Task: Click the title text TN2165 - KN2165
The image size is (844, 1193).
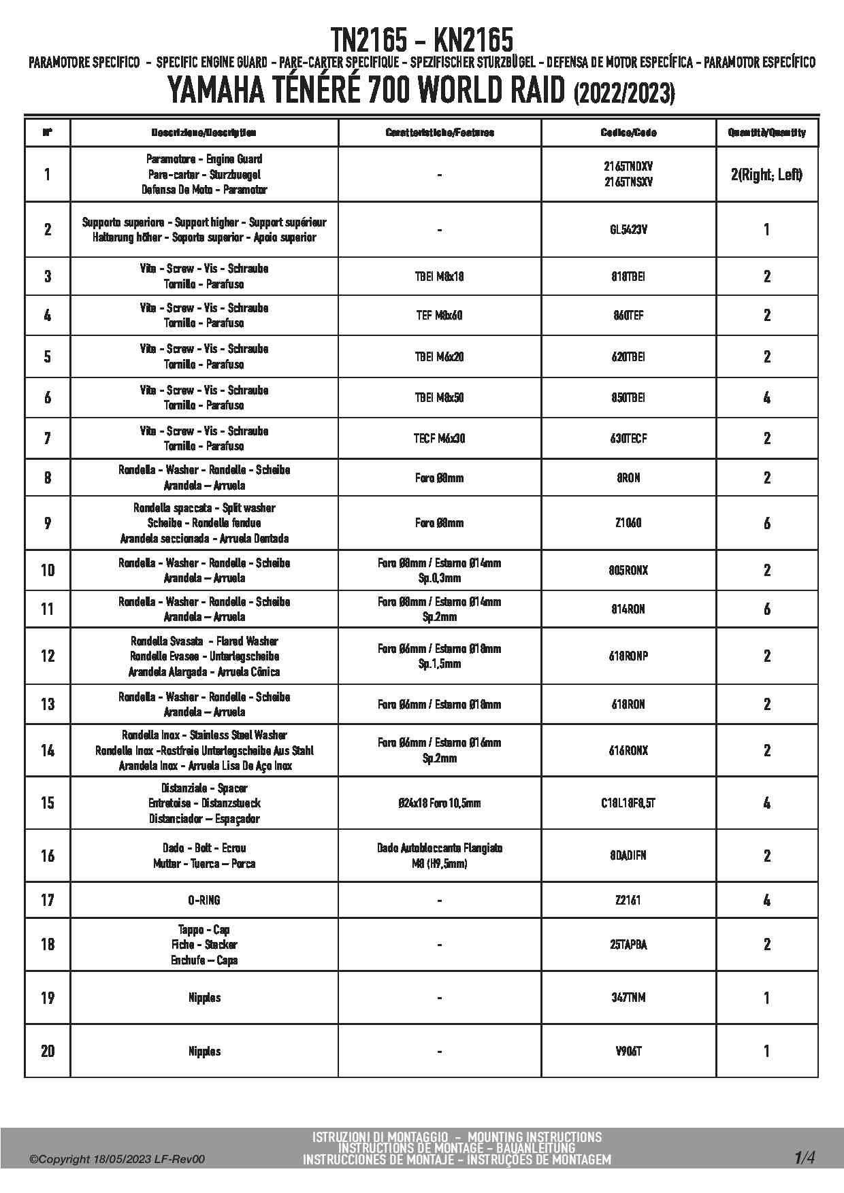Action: (421, 41)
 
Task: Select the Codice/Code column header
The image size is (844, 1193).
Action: (628, 133)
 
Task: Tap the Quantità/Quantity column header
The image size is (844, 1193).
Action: (766, 133)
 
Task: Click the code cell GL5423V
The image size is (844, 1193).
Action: (628, 230)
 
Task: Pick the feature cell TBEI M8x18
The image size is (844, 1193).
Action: (439, 277)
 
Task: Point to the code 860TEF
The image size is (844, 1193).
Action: (628, 316)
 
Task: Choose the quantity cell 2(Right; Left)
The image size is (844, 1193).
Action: (766, 175)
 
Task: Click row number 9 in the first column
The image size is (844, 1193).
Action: (47, 523)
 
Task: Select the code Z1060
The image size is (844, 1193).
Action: (628, 523)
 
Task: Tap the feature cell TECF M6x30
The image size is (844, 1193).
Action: (439, 439)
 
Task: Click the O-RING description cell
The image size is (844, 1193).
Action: (204, 901)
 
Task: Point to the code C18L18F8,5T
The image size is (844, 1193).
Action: (628, 803)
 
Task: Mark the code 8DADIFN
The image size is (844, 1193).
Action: (628, 856)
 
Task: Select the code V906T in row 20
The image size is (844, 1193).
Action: (628, 1052)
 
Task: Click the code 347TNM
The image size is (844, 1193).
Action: (628, 998)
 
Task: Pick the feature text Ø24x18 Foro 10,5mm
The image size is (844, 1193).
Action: (439, 803)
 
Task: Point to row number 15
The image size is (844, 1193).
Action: (47, 803)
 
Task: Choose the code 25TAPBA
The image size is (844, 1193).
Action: (628, 945)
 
